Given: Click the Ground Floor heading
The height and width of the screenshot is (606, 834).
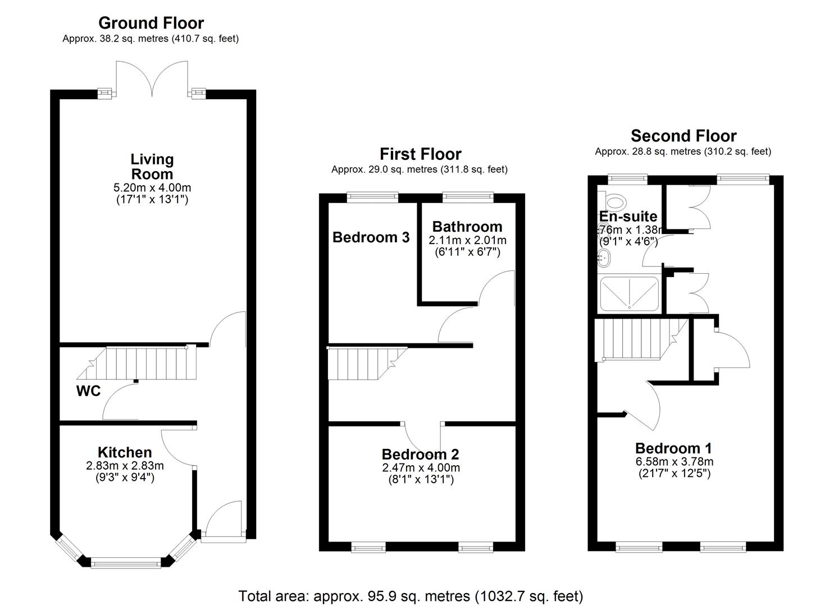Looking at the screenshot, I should (x=151, y=23).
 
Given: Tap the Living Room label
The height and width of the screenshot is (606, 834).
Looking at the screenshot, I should (x=152, y=167).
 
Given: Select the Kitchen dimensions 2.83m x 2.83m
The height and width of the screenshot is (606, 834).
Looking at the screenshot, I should (x=125, y=466).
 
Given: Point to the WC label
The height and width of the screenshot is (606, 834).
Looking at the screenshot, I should (x=88, y=391).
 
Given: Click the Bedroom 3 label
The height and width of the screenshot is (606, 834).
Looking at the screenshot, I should (x=371, y=237).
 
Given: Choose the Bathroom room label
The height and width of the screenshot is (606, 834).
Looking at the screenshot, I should (x=467, y=227).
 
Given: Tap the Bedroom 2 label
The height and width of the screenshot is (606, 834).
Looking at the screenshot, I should (x=420, y=454).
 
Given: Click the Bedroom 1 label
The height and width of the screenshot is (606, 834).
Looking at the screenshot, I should (x=673, y=448).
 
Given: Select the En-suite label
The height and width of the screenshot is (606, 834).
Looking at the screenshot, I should (x=628, y=216).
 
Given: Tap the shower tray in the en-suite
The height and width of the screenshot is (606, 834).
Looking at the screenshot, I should (x=630, y=293).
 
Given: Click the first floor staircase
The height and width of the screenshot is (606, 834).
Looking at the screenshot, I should (x=365, y=364).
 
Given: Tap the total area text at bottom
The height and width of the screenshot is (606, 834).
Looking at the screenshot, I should (x=411, y=596).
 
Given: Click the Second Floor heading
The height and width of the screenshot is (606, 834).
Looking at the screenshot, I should (x=683, y=136).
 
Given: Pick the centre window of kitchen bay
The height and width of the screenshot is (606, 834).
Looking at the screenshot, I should (x=126, y=561).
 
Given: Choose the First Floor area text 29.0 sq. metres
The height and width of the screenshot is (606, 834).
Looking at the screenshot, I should (x=419, y=169).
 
